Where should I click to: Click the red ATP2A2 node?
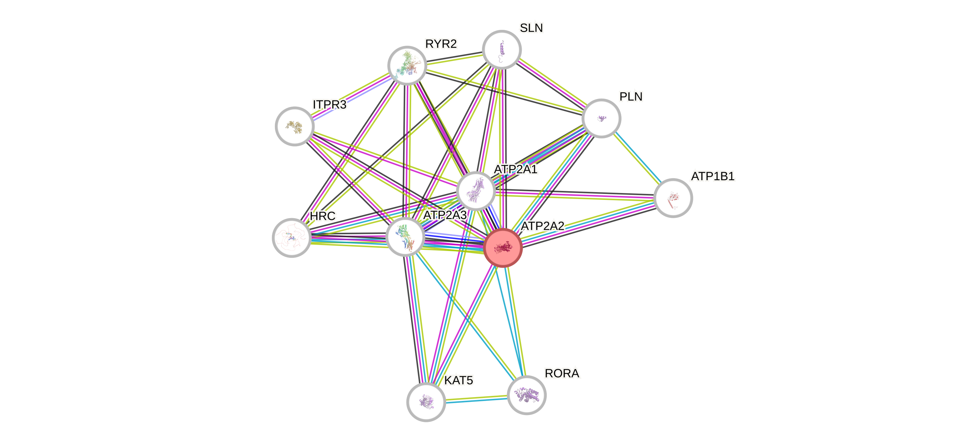pyautogui.click(x=503, y=248)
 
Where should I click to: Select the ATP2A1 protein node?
pyautogui.click(x=475, y=191)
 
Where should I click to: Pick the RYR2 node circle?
pyautogui.click(x=407, y=66)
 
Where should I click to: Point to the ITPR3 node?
pyautogui.click(x=294, y=126)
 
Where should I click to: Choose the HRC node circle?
pyautogui.click(x=291, y=238)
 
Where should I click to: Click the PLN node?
pyautogui.click(x=601, y=118)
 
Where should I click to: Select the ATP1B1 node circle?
pyautogui.click(x=673, y=198)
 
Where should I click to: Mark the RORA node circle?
pyautogui.click(x=526, y=395)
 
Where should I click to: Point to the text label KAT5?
pyautogui.click(x=458, y=381)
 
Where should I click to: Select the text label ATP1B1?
pyautogui.click(x=712, y=176)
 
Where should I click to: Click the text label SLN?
pyautogui.click(x=531, y=28)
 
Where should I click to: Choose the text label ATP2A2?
pyautogui.click(x=542, y=226)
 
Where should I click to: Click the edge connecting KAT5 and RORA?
pyautogui.click(x=476, y=398)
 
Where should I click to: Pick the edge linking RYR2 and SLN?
pyautogui.click(x=454, y=58)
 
